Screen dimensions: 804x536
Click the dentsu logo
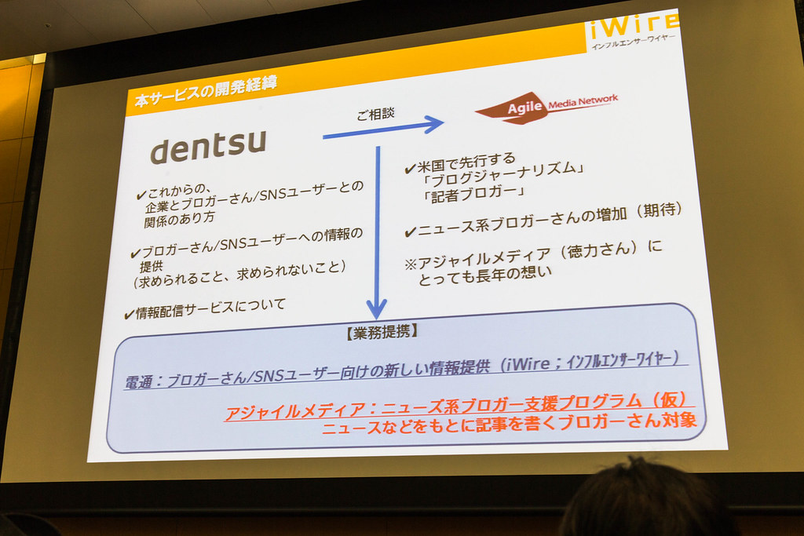tap(208, 147)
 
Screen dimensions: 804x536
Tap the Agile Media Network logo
tap(546, 107)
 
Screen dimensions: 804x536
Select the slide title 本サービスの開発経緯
tap(206, 91)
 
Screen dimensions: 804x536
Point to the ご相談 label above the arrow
tap(376, 114)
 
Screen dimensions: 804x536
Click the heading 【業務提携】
tap(382, 332)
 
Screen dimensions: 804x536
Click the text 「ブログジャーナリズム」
tap(502, 175)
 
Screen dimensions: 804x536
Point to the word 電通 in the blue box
tap(138, 381)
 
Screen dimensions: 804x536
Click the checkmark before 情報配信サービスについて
tap(130, 314)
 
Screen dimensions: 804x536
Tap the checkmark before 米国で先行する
tap(410, 169)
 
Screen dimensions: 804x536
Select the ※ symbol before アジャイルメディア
tap(411, 264)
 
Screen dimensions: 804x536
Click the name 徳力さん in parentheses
tap(598, 250)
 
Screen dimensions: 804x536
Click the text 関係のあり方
tap(180, 220)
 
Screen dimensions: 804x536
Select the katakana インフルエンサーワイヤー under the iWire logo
tap(634, 42)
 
